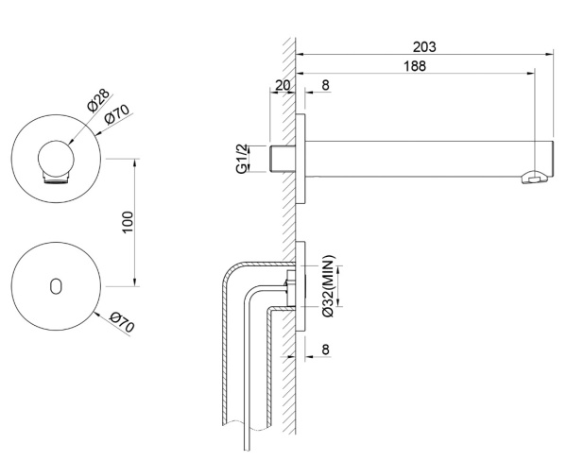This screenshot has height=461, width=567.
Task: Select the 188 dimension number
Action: pyautogui.click(x=413, y=66)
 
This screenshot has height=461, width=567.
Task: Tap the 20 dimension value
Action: pyautogui.click(x=282, y=85)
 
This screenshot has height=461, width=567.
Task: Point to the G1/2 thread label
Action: pyautogui.click(x=244, y=159)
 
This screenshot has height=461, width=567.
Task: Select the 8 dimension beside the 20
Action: pyautogui.click(x=325, y=85)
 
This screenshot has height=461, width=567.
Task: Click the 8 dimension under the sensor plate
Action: pyautogui.click(x=326, y=350)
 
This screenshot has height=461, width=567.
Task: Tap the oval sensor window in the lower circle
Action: pyautogui.click(x=57, y=284)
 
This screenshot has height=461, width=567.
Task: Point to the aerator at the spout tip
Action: pyautogui.click(x=538, y=177)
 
